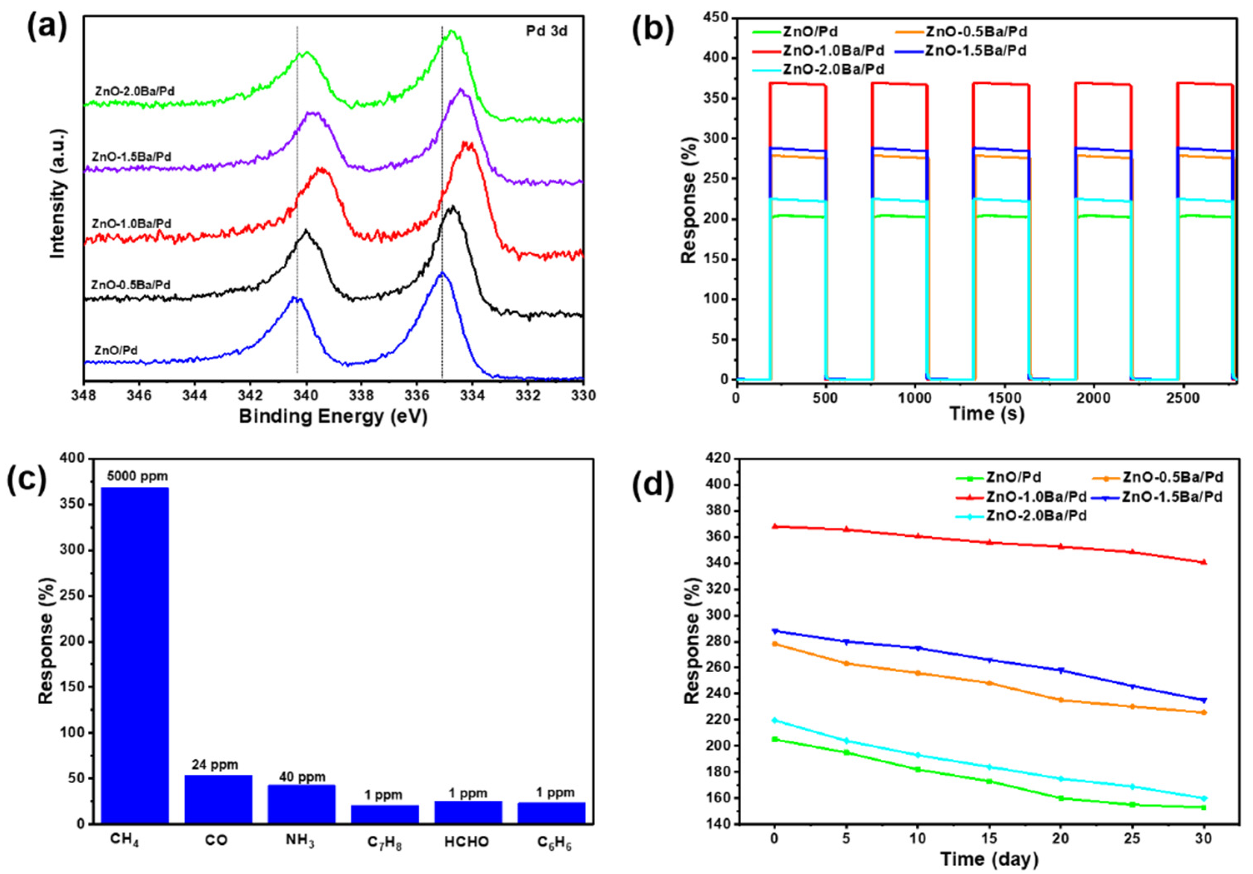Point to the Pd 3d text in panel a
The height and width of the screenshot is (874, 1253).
coord(546,31)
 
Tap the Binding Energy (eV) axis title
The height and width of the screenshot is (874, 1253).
coord(333,417)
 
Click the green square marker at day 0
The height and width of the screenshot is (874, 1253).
coord(774,739)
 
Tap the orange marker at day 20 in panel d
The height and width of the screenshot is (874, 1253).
coord(1061,700)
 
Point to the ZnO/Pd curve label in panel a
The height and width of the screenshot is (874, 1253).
coord(116,350)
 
